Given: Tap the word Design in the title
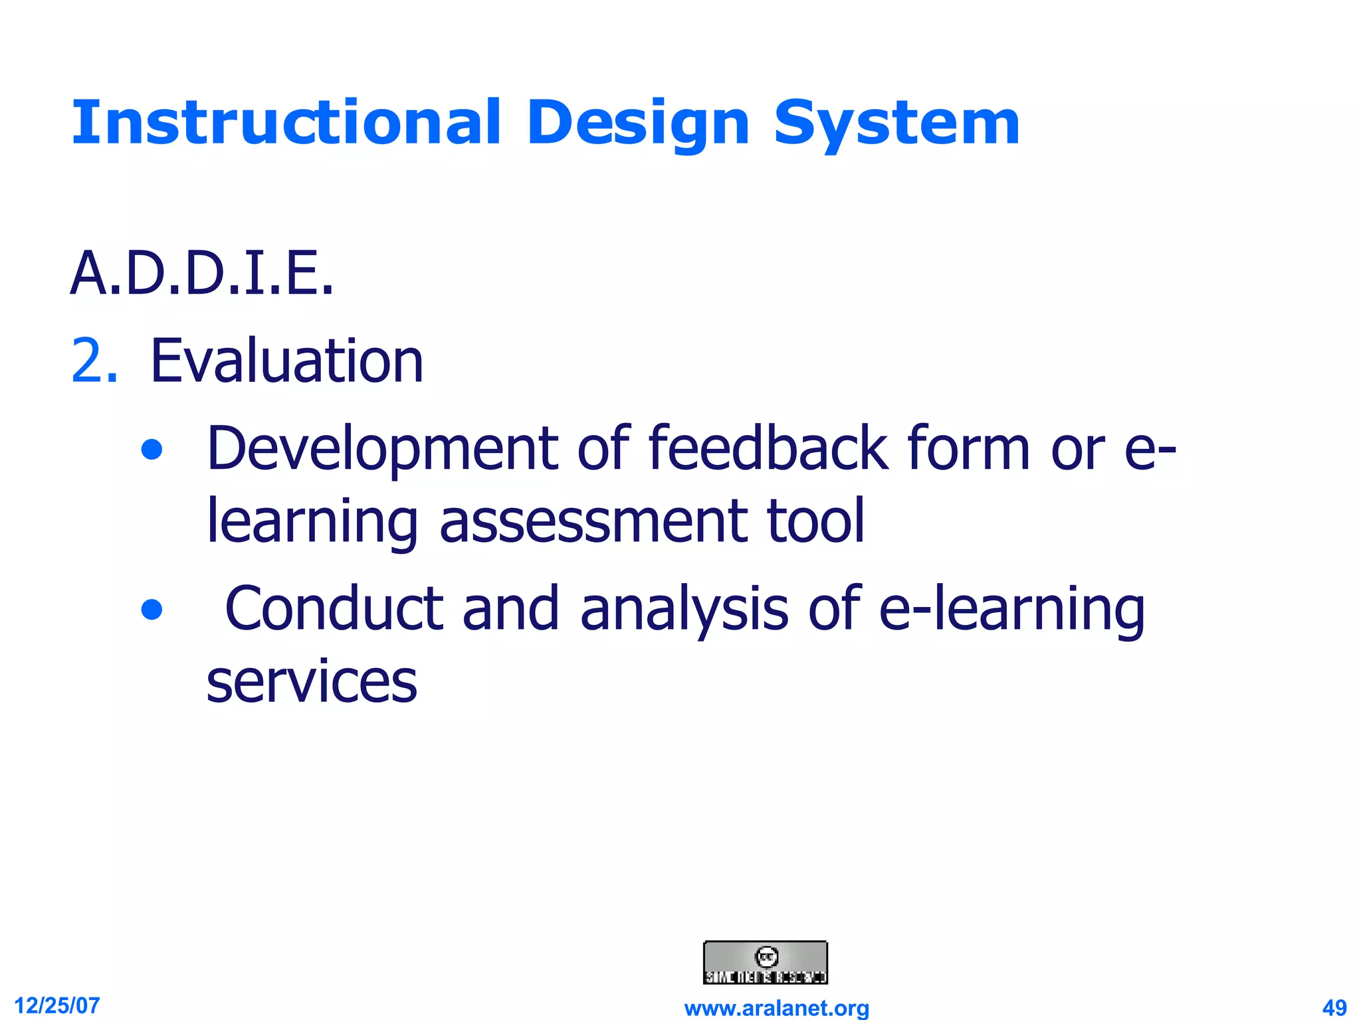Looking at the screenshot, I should pyautogui.click(x=638, y=123).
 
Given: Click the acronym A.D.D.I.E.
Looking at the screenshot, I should pyautogui.click(x=201, y=274).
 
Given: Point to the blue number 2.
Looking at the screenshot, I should pyautogui.click(x=94, y=361).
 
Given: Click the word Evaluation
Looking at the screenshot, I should pyautogui.click(x=286, y=361).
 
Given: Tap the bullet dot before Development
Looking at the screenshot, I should pyautogui.click(x=152, y=450).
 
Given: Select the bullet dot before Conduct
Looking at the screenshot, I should pyautogui.click(x=152, y=609).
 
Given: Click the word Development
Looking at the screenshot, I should pyautogui.click(x=382, y=450).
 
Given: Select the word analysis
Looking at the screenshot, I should pyautogui.click(x=684, y=609).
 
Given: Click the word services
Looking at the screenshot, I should pyautogui.click(x=312, y=682).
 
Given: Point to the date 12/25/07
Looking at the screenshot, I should pyautogui.click(x=57, y=1005).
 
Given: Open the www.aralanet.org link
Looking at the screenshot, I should pyautogui.click(x=776, y=1008).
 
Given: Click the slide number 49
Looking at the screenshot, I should pyautogui.click(x=1334, y=1007).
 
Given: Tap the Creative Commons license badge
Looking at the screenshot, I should pyautogui.click(x=766, y=962).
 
